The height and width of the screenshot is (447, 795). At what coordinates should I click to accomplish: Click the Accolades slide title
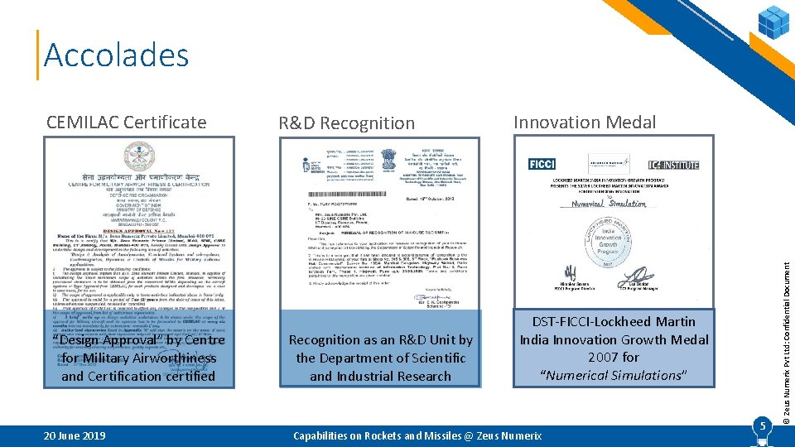click(x=116, y=55)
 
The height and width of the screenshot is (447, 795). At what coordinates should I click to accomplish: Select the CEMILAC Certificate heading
click(x=126, y=123)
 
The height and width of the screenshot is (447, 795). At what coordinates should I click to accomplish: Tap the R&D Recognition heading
click(x=346, y=123)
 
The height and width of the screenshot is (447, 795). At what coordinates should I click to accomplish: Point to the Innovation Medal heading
click(x=584, y=123)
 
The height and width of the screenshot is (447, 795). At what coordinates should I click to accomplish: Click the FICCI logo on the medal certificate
click(x=542, y=164)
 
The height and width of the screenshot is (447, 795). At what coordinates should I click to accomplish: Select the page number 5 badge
click(x=761, y=426)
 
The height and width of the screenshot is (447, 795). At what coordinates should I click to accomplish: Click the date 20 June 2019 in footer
click(x=75, y=435)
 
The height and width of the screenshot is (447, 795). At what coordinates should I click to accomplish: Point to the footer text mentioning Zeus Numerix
click(x=417, y=435)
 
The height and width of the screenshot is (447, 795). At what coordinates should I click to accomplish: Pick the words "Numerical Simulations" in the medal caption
click(x=614, y=376)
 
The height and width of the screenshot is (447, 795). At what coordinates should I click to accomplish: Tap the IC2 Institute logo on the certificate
click(x=673, y=164)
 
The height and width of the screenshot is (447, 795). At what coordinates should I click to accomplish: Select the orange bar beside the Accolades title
click(x=37, y=55)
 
